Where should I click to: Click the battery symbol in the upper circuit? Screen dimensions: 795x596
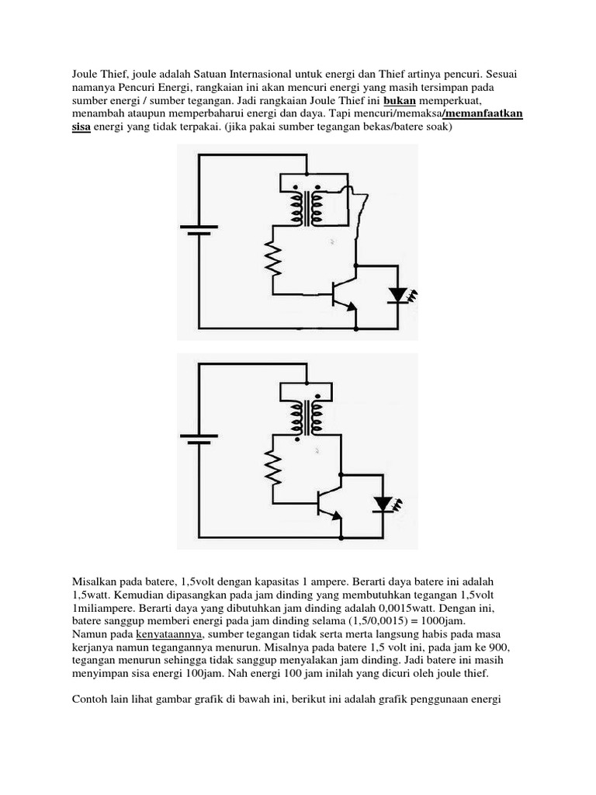coord(199,229)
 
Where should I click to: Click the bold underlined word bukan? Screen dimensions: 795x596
coord(401,101)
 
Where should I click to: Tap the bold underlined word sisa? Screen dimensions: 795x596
coord(81,129)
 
